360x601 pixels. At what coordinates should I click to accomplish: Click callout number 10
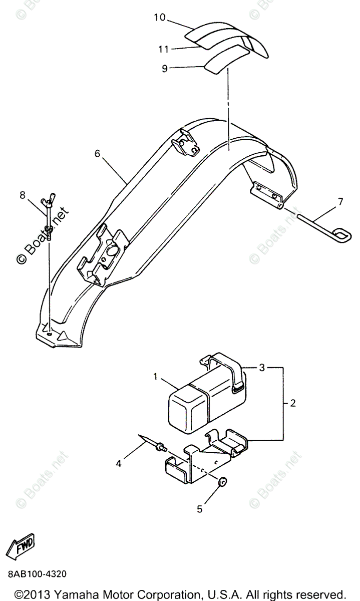tap(159, 18)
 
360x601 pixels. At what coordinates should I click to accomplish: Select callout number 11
tap(162, 49)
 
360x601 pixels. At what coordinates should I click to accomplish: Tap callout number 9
tap(165, 69)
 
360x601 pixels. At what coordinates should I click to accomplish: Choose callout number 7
tap(340, 202)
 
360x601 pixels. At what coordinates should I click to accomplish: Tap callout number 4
tap(119, 464)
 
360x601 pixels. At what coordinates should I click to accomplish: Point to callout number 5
tap(200, 509)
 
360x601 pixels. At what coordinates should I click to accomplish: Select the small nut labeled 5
tap(222, 482)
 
